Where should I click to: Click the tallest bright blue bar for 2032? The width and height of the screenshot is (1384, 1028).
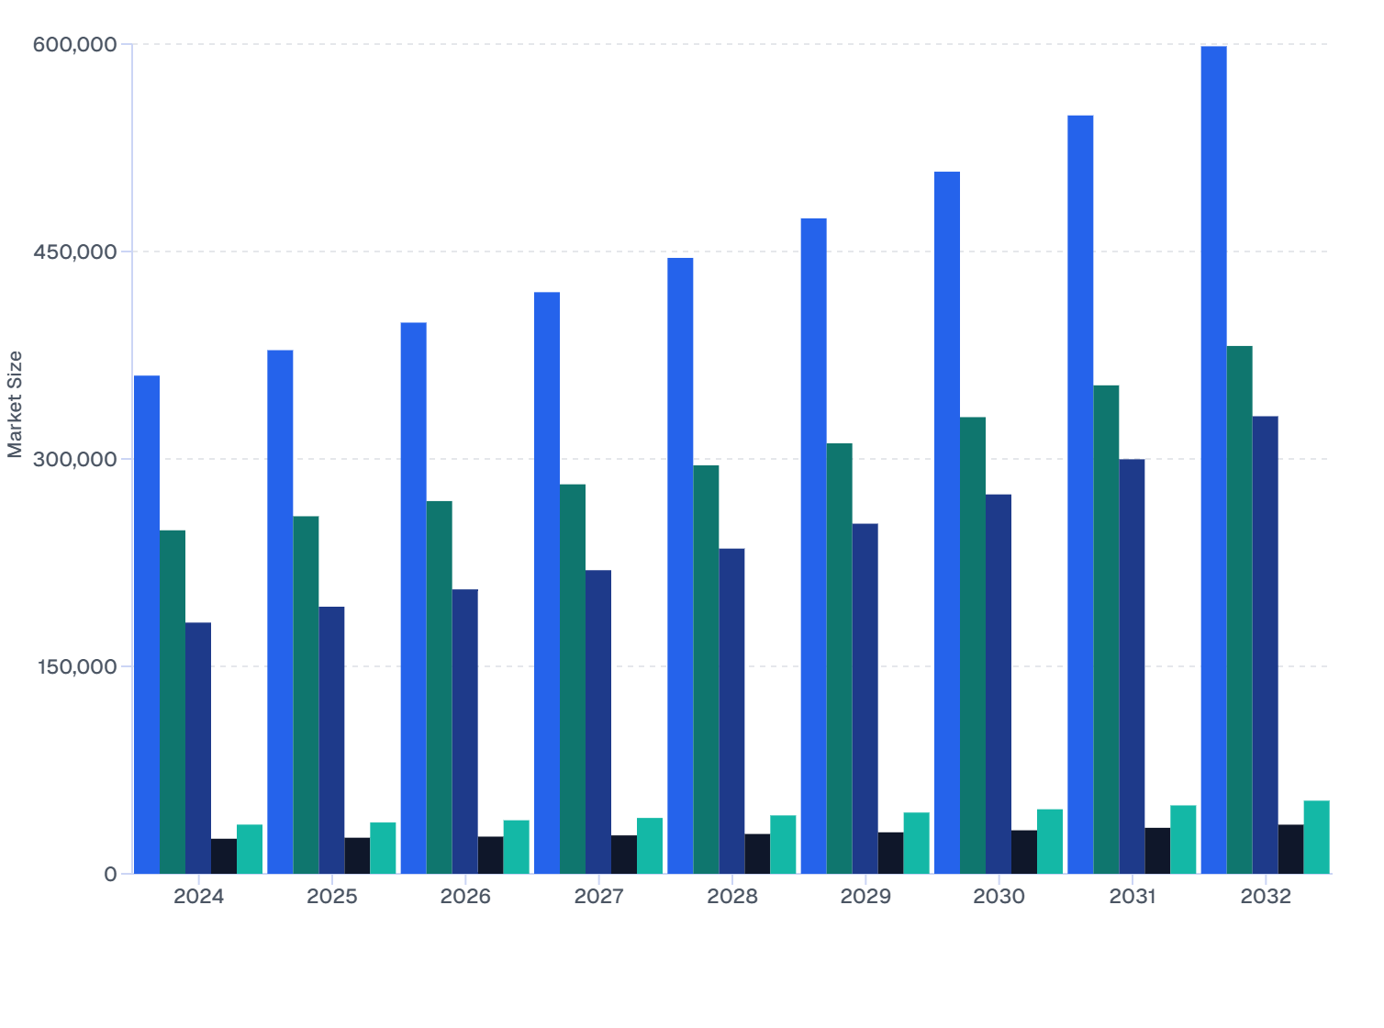coord(1213,459)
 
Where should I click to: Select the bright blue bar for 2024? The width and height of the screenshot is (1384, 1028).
coord(147,624)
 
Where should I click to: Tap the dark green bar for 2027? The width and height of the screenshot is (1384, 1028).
coord(573,679)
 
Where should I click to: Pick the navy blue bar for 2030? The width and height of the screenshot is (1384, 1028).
coord(999,684)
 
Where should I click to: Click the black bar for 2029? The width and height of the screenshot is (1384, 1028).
coord(890,853)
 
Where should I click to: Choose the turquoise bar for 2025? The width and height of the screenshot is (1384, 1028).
coord(383,848)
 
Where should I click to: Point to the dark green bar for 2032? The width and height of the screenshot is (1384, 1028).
coord(1239,609)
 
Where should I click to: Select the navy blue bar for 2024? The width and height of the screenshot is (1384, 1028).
coord(198,748)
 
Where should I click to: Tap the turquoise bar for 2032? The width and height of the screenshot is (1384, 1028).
coord(1316,837)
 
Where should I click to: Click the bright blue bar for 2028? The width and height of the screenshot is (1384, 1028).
coord(680,565)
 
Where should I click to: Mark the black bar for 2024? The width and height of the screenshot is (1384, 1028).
coord(224,856)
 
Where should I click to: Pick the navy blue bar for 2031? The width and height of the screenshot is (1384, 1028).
coord(1132,666)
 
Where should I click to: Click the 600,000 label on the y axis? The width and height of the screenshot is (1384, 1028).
coord(75,44)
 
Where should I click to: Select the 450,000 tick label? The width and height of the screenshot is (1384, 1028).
coord(75,251)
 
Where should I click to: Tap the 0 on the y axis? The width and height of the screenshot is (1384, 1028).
coord(111,874)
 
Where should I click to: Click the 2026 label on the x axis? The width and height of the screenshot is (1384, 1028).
coord(465,897)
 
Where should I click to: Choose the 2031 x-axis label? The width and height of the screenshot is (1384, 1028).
coord(1133,897)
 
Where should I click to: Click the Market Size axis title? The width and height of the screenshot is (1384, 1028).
coord(15,404)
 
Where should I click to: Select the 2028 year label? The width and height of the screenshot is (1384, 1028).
coord(732,897)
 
